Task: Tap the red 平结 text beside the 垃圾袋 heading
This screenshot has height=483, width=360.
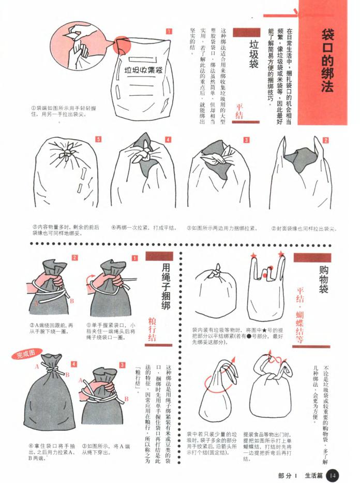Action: [x=239, y=111]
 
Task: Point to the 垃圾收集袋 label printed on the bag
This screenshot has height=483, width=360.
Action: [x=143, y=69]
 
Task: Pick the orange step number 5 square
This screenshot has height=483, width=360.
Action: [x=98, y=139]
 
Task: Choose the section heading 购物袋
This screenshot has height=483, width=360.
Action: [x=324, y=280]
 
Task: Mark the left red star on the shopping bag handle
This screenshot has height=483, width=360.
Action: [x=253, y=256]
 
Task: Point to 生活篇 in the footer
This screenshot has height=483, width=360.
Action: [x=313, y=475]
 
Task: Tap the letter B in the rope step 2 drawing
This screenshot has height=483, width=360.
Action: [x=72, y=300]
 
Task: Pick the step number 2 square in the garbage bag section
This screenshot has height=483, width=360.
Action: [x=326, y=140]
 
